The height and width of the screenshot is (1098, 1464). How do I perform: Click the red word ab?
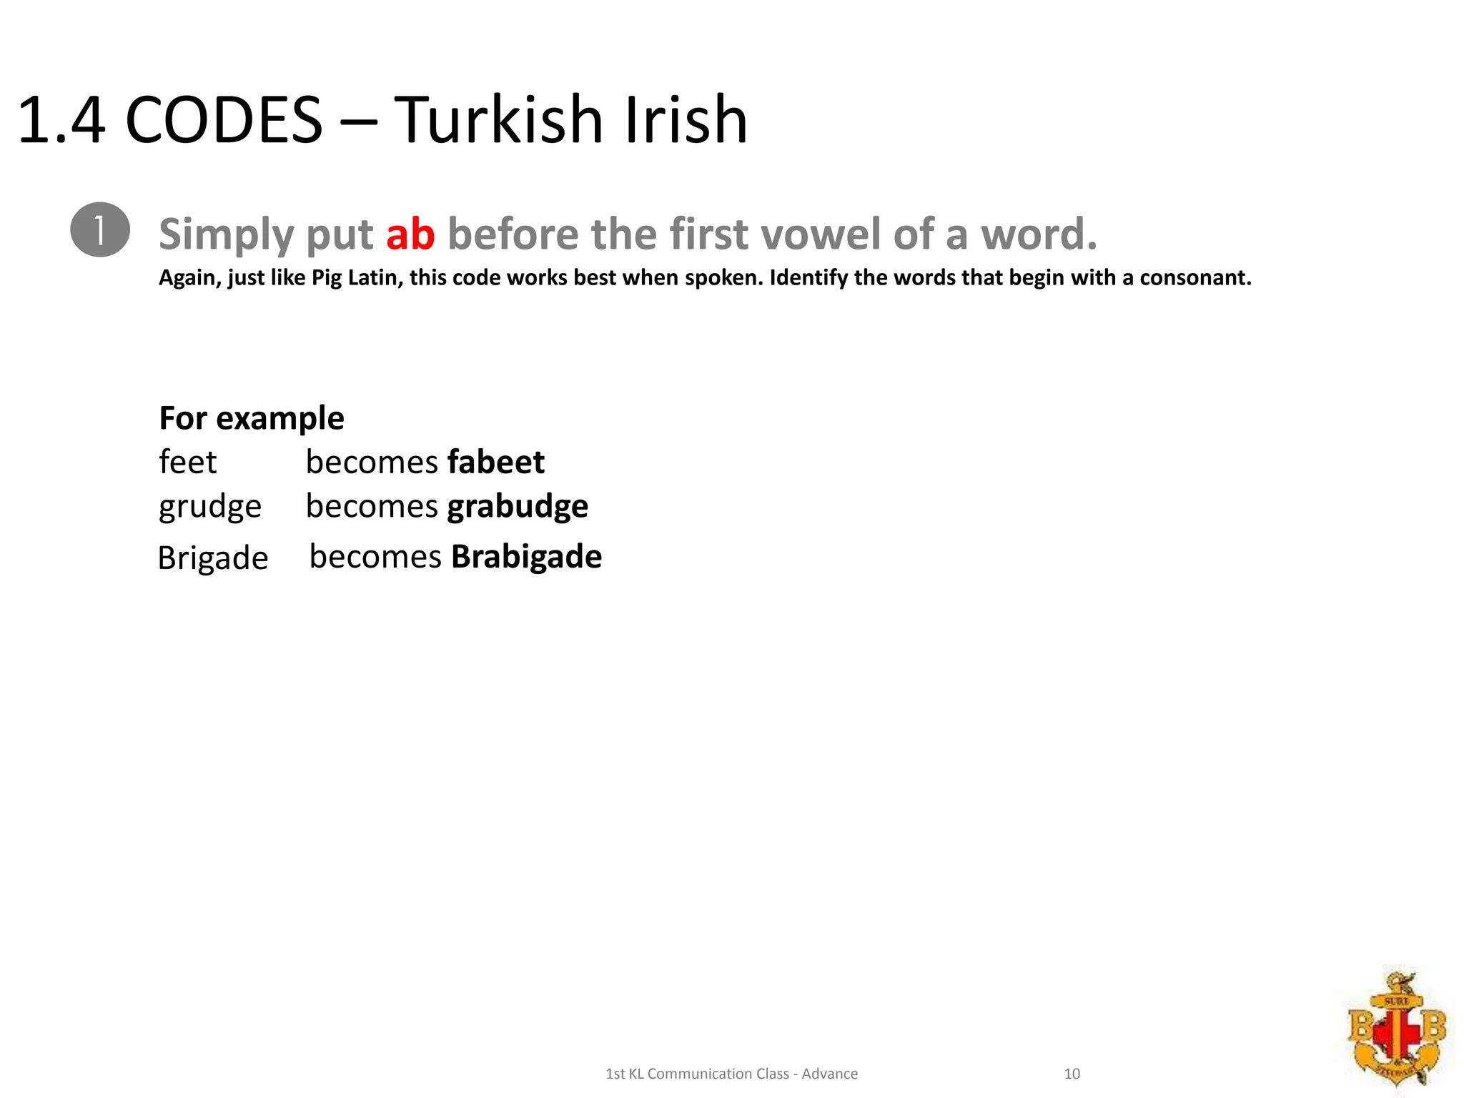410,234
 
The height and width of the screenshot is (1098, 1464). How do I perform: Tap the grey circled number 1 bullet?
100,230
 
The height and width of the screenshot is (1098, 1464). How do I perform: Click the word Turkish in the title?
499,120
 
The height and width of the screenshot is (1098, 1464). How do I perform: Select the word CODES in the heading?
224,120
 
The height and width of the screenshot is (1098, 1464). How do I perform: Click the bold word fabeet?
496,462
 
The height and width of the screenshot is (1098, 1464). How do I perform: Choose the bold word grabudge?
518,507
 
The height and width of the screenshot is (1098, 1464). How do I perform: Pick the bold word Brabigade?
526,557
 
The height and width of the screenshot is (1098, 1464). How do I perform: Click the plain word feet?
187,462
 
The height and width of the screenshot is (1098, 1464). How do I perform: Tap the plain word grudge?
210,507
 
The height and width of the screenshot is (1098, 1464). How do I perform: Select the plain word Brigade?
213,558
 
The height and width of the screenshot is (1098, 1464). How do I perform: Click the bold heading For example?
252,418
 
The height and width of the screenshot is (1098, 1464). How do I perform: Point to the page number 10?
1072,1074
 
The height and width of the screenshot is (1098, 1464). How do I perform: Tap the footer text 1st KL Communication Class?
697,1074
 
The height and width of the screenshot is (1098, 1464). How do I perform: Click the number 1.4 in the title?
61,120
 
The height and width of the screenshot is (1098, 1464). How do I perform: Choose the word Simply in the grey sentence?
226,234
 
